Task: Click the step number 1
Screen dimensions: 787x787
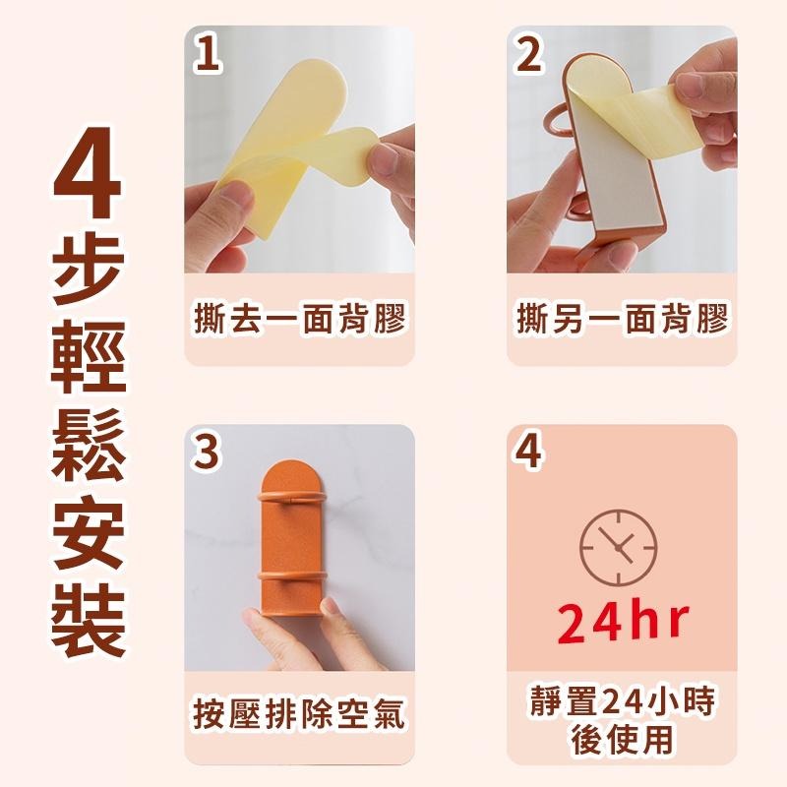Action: tap(207, 54)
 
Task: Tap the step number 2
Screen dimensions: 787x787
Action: tap(529, 54)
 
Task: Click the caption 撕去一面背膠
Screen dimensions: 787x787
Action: tap(299, 320)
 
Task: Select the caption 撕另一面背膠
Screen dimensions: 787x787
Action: tap(622, 320)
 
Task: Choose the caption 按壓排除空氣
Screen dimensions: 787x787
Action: tap(299, 715)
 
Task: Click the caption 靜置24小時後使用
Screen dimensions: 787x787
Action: tap(622, 718)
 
